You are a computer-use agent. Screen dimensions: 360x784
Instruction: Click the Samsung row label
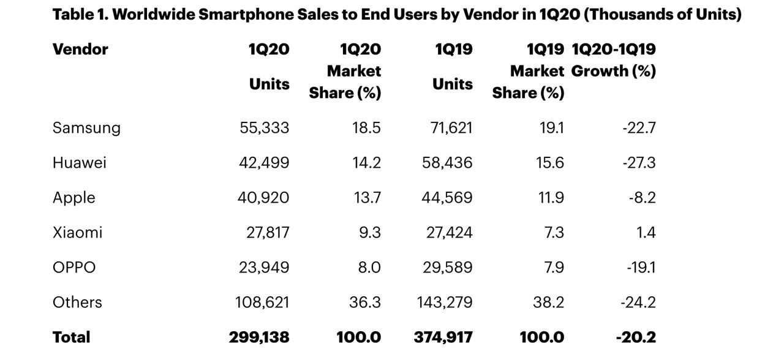(86, 127)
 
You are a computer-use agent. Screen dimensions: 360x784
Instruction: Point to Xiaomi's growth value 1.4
(646, 232)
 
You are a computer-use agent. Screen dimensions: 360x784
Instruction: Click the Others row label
(77, 302)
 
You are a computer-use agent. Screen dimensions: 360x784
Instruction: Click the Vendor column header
(80, 49)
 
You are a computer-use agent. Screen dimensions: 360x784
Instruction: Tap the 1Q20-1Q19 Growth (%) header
(613, 60)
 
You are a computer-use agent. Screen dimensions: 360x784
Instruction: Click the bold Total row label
(71, 337)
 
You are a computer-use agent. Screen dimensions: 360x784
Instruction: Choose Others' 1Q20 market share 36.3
(364, 302)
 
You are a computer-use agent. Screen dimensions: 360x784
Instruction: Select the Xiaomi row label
(77, 232)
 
